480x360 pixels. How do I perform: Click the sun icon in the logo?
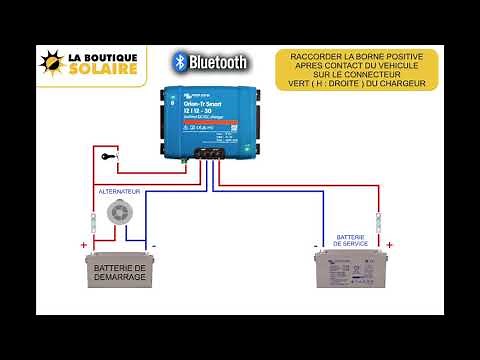click(x=52, y=63)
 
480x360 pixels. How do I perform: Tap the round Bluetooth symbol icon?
click(x=180, y=62)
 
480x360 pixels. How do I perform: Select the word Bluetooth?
click(x=218, y=62)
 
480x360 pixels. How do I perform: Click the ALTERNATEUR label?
click(x=119, y=190)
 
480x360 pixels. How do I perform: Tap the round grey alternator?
click(x=120, y=212)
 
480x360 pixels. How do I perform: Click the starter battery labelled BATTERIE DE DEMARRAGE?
click(x=119, y=269)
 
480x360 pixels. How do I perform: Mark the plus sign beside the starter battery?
click(x=84, y=245)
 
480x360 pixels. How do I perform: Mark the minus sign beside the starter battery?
click(x=153, y=245)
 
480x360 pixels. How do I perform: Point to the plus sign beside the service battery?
click(x=389, y=245)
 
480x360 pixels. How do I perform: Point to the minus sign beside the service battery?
click(x=315, y=245)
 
